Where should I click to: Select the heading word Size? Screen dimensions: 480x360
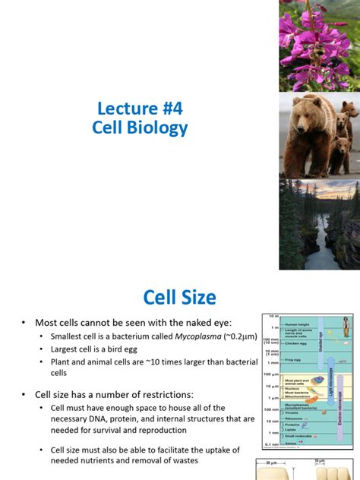[x=197, y=297]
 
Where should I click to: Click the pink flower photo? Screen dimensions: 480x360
[x=319, y=46]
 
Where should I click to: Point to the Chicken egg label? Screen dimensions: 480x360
[x=296, y=344]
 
